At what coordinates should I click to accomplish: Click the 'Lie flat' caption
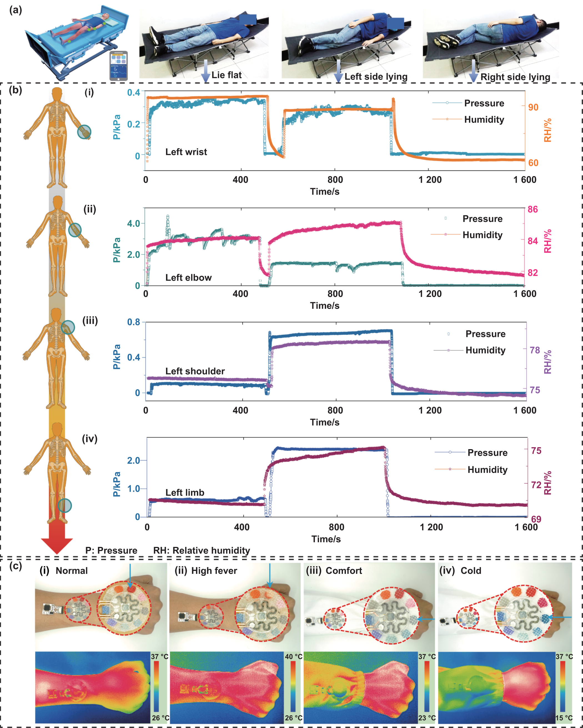click(226, 75)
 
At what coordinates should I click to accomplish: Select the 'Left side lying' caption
click(376, 77)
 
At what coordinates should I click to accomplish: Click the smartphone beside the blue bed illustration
click(119, 66)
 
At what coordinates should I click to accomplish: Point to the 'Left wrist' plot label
click(186, 152)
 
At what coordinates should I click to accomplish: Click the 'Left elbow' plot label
click(189, 277)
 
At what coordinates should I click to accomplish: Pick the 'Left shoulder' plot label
click(195, 371)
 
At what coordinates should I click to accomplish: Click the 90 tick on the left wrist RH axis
click(533, 107)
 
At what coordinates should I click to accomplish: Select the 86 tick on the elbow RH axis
click(532, 209)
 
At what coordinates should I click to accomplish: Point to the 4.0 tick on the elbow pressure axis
click(133, 224)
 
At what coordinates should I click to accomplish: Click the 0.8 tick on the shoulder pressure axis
click(133, 322)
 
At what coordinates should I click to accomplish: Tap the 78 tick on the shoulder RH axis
click(535, 350)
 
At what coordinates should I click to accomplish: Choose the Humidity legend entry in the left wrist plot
click(484, 119)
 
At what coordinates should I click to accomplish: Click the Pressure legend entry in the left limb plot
click(487, 453)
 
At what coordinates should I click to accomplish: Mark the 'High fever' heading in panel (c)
click(214, 571)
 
